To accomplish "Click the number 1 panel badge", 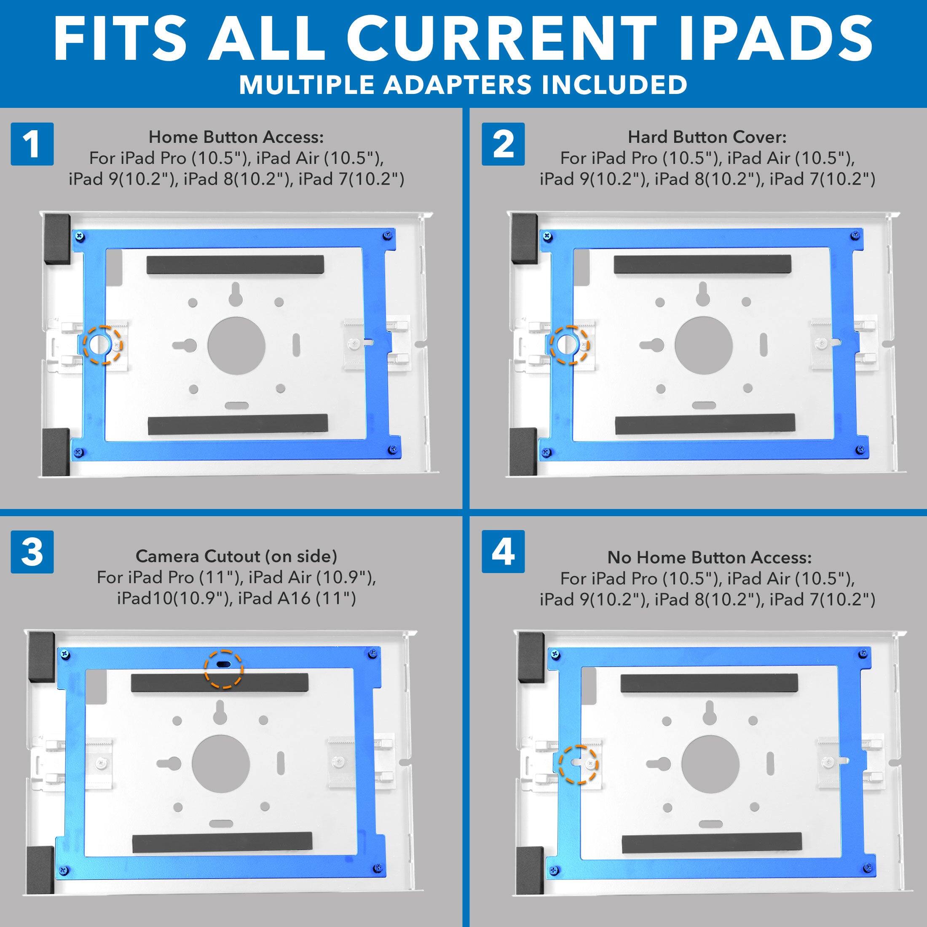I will coord(32,144).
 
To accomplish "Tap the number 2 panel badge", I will coord(503,144).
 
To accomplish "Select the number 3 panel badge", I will coord(32,552).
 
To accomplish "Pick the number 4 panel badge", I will coord(503,552).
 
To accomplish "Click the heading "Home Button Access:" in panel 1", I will coord(236,137).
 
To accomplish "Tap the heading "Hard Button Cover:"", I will coord(707,137).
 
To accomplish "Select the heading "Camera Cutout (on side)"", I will coord(236,556).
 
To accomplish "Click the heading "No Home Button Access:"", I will coord(709,557).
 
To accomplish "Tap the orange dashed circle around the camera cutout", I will coord(224,670).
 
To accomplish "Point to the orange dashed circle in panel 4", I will coord(579,764).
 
